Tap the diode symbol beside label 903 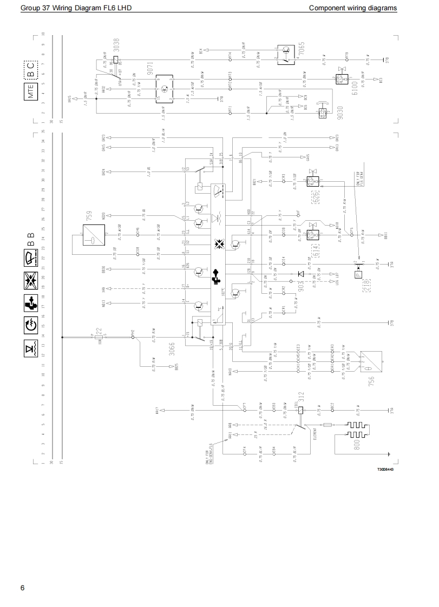(x=300, y=273)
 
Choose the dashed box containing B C (x=30, y=70)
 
